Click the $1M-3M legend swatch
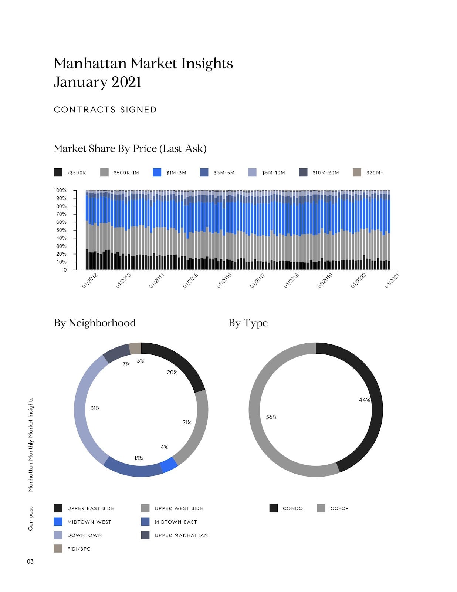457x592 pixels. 157,172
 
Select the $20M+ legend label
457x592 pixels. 375,173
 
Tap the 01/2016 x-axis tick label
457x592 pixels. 224,280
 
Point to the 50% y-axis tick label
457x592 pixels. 61,230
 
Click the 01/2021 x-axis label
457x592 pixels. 392,280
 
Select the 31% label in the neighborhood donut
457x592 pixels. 95,408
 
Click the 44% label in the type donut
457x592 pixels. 364,400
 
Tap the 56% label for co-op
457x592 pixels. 271,417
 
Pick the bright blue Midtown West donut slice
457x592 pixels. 169,465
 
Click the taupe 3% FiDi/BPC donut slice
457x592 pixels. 135,348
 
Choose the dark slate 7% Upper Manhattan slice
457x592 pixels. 116,353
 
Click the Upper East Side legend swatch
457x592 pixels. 58,508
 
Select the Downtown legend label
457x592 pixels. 84,535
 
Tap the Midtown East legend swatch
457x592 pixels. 145,522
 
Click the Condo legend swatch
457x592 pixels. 274,508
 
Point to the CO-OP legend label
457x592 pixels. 339,508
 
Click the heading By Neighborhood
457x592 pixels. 95,323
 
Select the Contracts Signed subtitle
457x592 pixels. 105,110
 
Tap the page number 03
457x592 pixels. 30,561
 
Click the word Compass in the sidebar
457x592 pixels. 30,518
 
